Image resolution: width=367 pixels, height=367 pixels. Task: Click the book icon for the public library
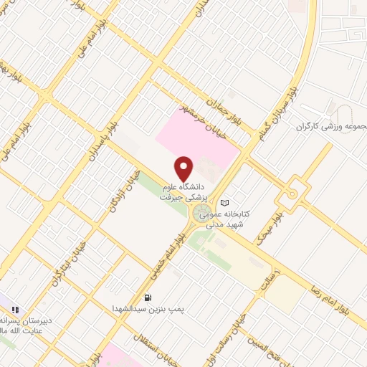click(x=225, y=202)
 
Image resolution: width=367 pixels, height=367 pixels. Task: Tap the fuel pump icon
click(x=148, y=297)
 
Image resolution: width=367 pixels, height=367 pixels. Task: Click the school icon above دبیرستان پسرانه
click(x=14, y=309)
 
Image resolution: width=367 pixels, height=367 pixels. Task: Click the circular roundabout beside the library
click(x=200, y=213)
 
